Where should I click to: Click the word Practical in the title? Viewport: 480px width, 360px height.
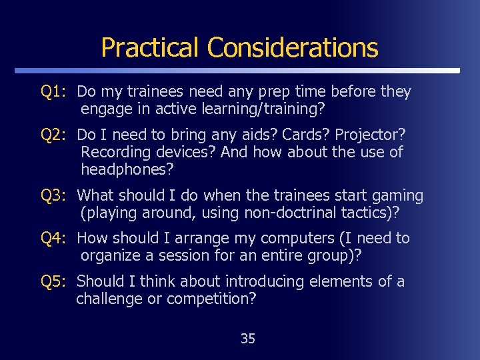pyautogui.click(x=150, y=47)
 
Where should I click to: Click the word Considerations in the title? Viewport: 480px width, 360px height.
pyautogui.click(x=293, y=47)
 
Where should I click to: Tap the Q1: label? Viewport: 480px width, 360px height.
pyautogui.click(x=53, y=91)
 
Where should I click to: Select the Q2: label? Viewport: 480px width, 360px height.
pyautogui.click(x=53, y=135)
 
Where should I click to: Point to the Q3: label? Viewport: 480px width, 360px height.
pyautogui.click(x=53, y=195)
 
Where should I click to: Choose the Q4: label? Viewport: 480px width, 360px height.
pyautogui.click(x=53, y=238)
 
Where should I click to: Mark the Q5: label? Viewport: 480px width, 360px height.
pyautogui.click(x=53, y=281)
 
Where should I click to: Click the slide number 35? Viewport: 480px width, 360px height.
pyautogui.click(x=247, y=339)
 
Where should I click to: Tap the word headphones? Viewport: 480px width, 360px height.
pyautogui.click(x=127, y=169)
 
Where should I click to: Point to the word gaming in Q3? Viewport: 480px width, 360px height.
pyautogui.click(x=397, y=195)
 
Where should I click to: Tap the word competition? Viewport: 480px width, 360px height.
pyautogui.click(x=211, y=299)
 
